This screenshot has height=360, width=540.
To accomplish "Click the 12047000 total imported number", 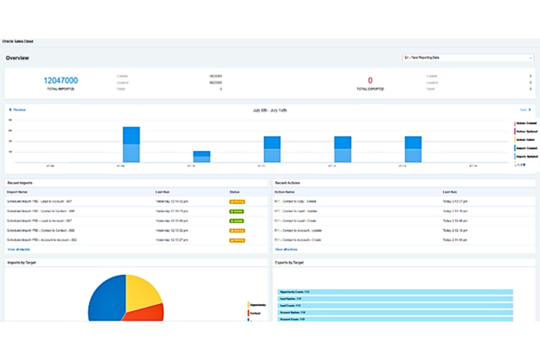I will click(61, 81).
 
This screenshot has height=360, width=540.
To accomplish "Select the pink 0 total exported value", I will click(370, 81).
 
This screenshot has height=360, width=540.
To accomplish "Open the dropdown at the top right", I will click(468, 58).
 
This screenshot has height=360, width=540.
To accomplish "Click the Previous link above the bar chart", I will click(18, 110).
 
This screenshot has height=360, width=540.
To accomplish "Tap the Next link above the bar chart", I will click(525, 110).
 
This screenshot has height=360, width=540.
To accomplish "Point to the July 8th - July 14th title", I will click(270, 110).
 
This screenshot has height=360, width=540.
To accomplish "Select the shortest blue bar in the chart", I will click(201, 156).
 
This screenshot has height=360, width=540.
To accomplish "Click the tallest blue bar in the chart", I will click(131, 144).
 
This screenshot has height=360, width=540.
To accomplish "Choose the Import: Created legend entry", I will click(526, 148).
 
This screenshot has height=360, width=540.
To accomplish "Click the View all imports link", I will click(19, 249).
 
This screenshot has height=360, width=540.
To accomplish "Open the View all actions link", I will click(286, 249).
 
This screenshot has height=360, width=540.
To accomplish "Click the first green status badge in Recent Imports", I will click(236, 212).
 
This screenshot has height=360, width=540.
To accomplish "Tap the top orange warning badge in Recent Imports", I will click(237, 202).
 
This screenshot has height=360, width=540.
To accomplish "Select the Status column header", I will click(234, 192).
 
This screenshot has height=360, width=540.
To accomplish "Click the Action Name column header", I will click(284, 192).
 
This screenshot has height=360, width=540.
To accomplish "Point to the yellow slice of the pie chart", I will click(142, 291).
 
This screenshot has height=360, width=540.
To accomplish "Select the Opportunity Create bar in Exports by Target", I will click(395, 292).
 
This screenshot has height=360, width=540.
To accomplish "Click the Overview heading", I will click(17, 58).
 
